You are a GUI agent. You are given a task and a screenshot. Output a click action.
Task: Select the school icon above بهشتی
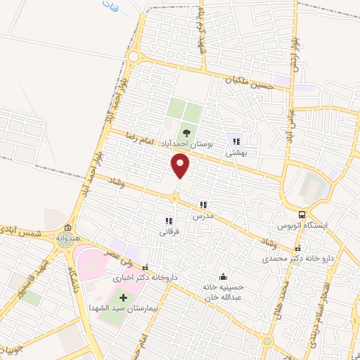[x=236, y=141]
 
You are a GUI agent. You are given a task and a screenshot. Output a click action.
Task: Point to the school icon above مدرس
[x=203, y=205]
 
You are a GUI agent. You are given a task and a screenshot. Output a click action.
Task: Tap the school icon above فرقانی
[x=168, y=220]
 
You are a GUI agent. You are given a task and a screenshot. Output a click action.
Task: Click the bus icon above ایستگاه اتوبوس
[x=302, y=214]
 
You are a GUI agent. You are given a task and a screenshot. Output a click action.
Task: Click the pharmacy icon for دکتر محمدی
[x=298, y=247]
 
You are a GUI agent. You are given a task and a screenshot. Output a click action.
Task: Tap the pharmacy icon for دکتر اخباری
[x=146, y=267]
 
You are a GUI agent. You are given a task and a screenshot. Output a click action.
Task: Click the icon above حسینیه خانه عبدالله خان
[x=223, y=276]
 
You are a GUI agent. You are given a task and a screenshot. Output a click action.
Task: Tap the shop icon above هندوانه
[x=67, y=228]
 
